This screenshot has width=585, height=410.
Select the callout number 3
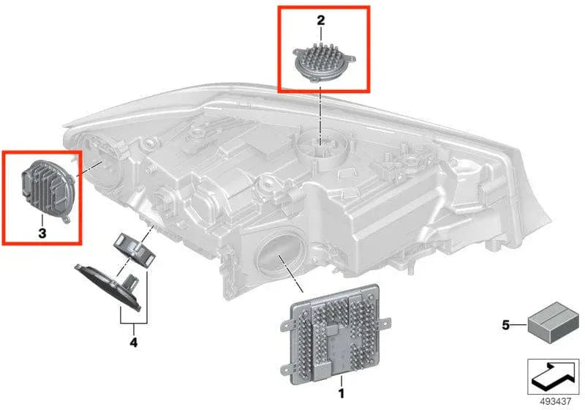pos(42,233)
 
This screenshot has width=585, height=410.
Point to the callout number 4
pos(134,341)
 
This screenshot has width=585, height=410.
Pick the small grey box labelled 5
pos(551,323)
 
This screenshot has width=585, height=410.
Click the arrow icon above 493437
pos(552,375)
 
